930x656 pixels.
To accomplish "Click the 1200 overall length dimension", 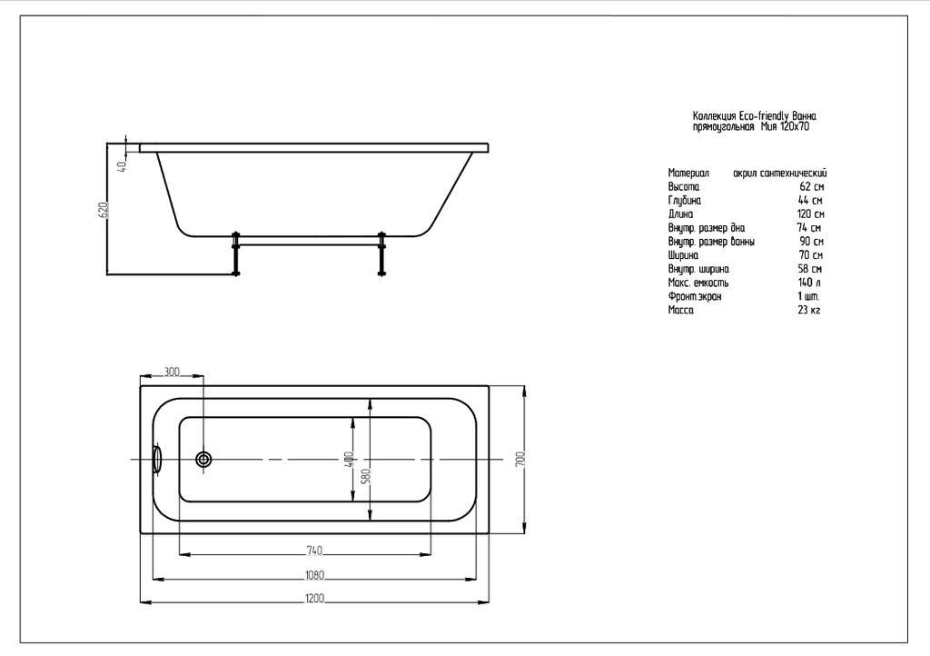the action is [314, 598].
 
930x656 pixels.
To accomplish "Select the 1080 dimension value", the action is [314, 575].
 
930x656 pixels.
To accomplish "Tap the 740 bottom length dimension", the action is [314, 551].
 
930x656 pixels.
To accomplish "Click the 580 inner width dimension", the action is [365, 476].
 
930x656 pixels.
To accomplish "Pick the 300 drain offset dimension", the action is [172, 372].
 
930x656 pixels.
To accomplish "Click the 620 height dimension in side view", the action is [104, 209].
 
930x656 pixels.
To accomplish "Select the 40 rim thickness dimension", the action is [122, 166].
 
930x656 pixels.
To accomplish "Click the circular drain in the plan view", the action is [203, 459].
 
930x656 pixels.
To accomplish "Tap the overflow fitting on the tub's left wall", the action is [157, 459].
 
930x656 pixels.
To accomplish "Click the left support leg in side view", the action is [236, 253].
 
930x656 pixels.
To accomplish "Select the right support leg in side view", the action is [381, 253].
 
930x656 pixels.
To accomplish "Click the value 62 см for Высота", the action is [811, 187].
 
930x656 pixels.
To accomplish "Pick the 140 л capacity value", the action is [810, 283].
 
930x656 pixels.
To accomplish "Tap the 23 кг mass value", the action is [809, 310].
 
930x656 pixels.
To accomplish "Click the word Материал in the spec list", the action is [688, 174].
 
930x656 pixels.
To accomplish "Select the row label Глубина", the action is [685, 201].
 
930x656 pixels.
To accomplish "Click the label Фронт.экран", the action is [695, 296].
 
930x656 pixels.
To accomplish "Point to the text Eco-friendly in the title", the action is [765, 116].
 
